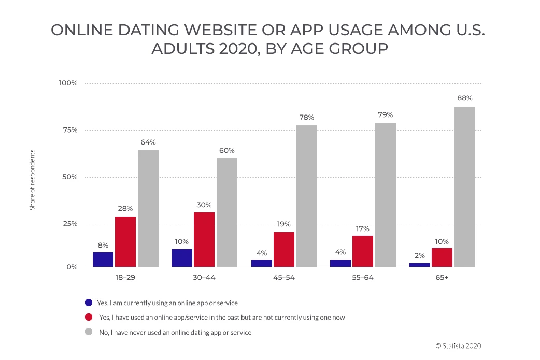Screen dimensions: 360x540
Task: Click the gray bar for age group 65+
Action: [x=464, y=187]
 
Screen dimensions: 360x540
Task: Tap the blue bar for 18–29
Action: [x=103, y=260]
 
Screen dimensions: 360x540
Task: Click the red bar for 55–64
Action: [x=362, y=251]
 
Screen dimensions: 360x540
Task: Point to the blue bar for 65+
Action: [x=419, y=265]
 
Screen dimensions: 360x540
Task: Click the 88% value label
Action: [x=465, y=98]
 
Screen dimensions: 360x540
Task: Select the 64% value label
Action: [x=148, y=142]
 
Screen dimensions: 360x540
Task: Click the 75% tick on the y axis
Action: [x=67, y=130]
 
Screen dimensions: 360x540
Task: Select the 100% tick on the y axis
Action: [x=67, y=83]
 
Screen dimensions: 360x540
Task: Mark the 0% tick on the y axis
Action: [x=70, y=267]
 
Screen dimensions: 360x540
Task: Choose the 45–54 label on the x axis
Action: [x=283, y=278]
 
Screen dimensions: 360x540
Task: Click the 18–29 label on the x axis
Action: [x=125, y=278]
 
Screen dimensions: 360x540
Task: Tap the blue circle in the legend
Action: [x=89, y=303]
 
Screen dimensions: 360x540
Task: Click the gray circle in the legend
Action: [x=89, y=332]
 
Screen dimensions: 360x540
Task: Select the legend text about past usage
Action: [x=221, y=318]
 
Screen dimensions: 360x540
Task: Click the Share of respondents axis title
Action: [x=32, y=180]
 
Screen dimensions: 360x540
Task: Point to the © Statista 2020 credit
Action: [x=461, y=346]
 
